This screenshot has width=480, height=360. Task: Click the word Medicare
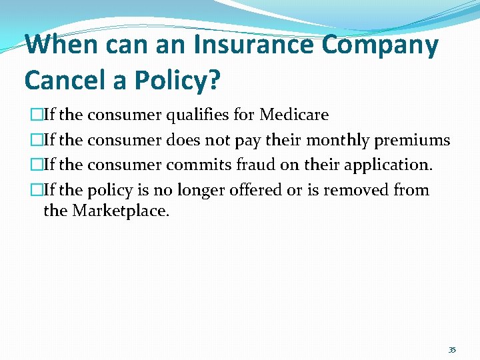tap(294, 115)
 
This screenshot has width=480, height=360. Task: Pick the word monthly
tap(338, 140)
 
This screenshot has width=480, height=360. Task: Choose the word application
tap(378, 165)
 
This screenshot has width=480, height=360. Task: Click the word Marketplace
tap(121, 211)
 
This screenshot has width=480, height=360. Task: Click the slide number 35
tap(452, 349)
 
